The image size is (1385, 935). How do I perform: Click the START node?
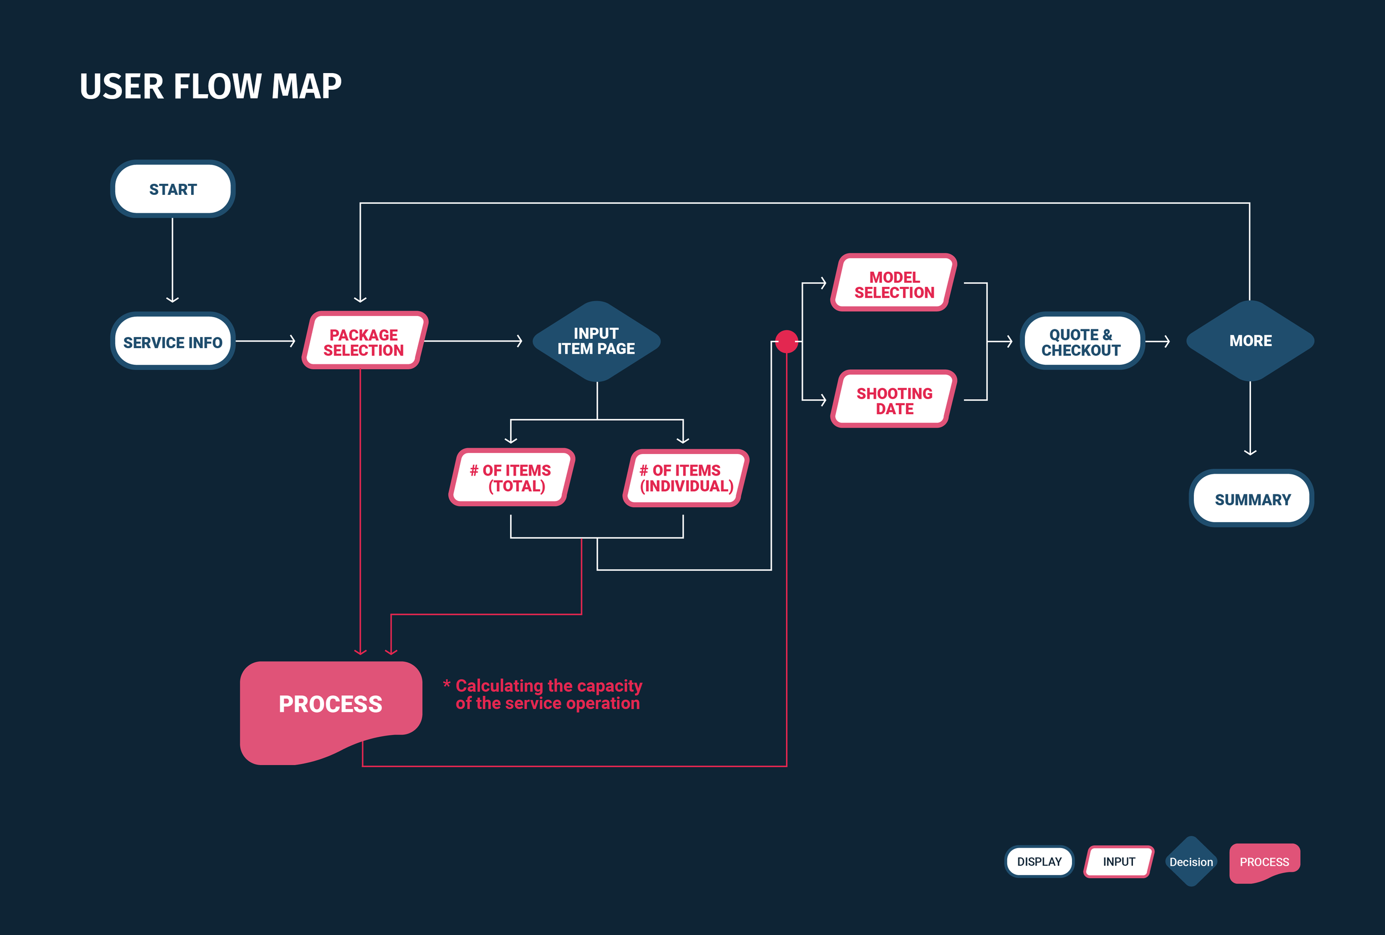[173, 189]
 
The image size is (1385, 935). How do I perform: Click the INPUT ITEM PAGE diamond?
[596, 341]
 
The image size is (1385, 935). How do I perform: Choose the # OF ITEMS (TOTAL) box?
[511, 478]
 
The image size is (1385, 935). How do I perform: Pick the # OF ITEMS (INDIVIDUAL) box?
[686, 478]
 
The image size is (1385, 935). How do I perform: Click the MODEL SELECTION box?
[894, 283]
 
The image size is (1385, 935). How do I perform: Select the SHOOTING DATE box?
[894, 400]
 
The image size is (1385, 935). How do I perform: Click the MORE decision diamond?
[1250, 341]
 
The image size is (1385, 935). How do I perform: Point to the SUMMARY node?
[1251, 499]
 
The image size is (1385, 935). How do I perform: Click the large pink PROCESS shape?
[331, 704]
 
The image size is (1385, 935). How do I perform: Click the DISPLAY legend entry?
[1039, 862]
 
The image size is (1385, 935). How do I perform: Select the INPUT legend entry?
[1119, 862]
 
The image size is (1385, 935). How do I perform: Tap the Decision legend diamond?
[1191, 862]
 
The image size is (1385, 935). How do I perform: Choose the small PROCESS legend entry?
[1264, 862]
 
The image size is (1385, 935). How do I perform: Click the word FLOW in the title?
[217, 86]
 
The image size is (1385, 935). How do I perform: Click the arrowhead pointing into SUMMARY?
[1250, 453]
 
